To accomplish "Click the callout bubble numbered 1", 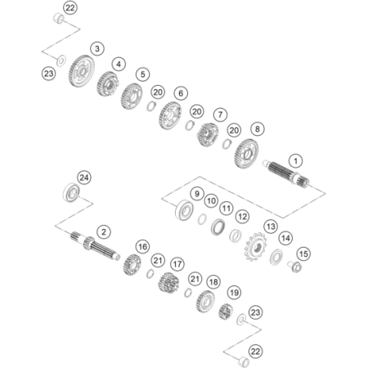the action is (295, 161).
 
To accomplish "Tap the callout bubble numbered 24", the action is (84, 177).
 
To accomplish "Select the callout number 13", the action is (271, 227).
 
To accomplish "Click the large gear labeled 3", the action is (81, 71).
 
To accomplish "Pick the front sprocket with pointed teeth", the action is (255, 247).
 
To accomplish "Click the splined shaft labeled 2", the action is (95, 245).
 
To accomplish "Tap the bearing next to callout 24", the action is (71, 192).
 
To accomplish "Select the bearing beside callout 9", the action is (184, 210).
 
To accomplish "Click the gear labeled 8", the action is (246, 153).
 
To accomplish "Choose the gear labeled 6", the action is (170, 115).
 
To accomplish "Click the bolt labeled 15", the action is (294, 267).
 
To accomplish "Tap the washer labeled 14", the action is (276, 257).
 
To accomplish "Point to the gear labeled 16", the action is (132, 264).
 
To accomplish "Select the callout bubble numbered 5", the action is (142, 74).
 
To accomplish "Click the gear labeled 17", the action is (168, 283).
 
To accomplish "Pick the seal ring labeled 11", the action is (218, 227).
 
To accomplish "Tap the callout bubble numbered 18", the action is (213, 281).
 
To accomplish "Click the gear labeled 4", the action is (107, 83).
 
